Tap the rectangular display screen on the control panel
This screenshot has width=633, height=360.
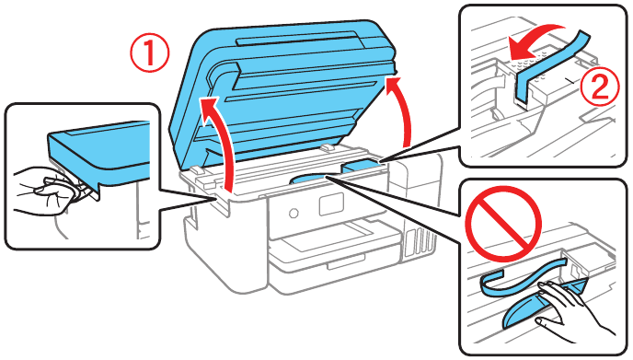tap(329, 203)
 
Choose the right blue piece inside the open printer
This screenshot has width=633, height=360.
tap(362, 166)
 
